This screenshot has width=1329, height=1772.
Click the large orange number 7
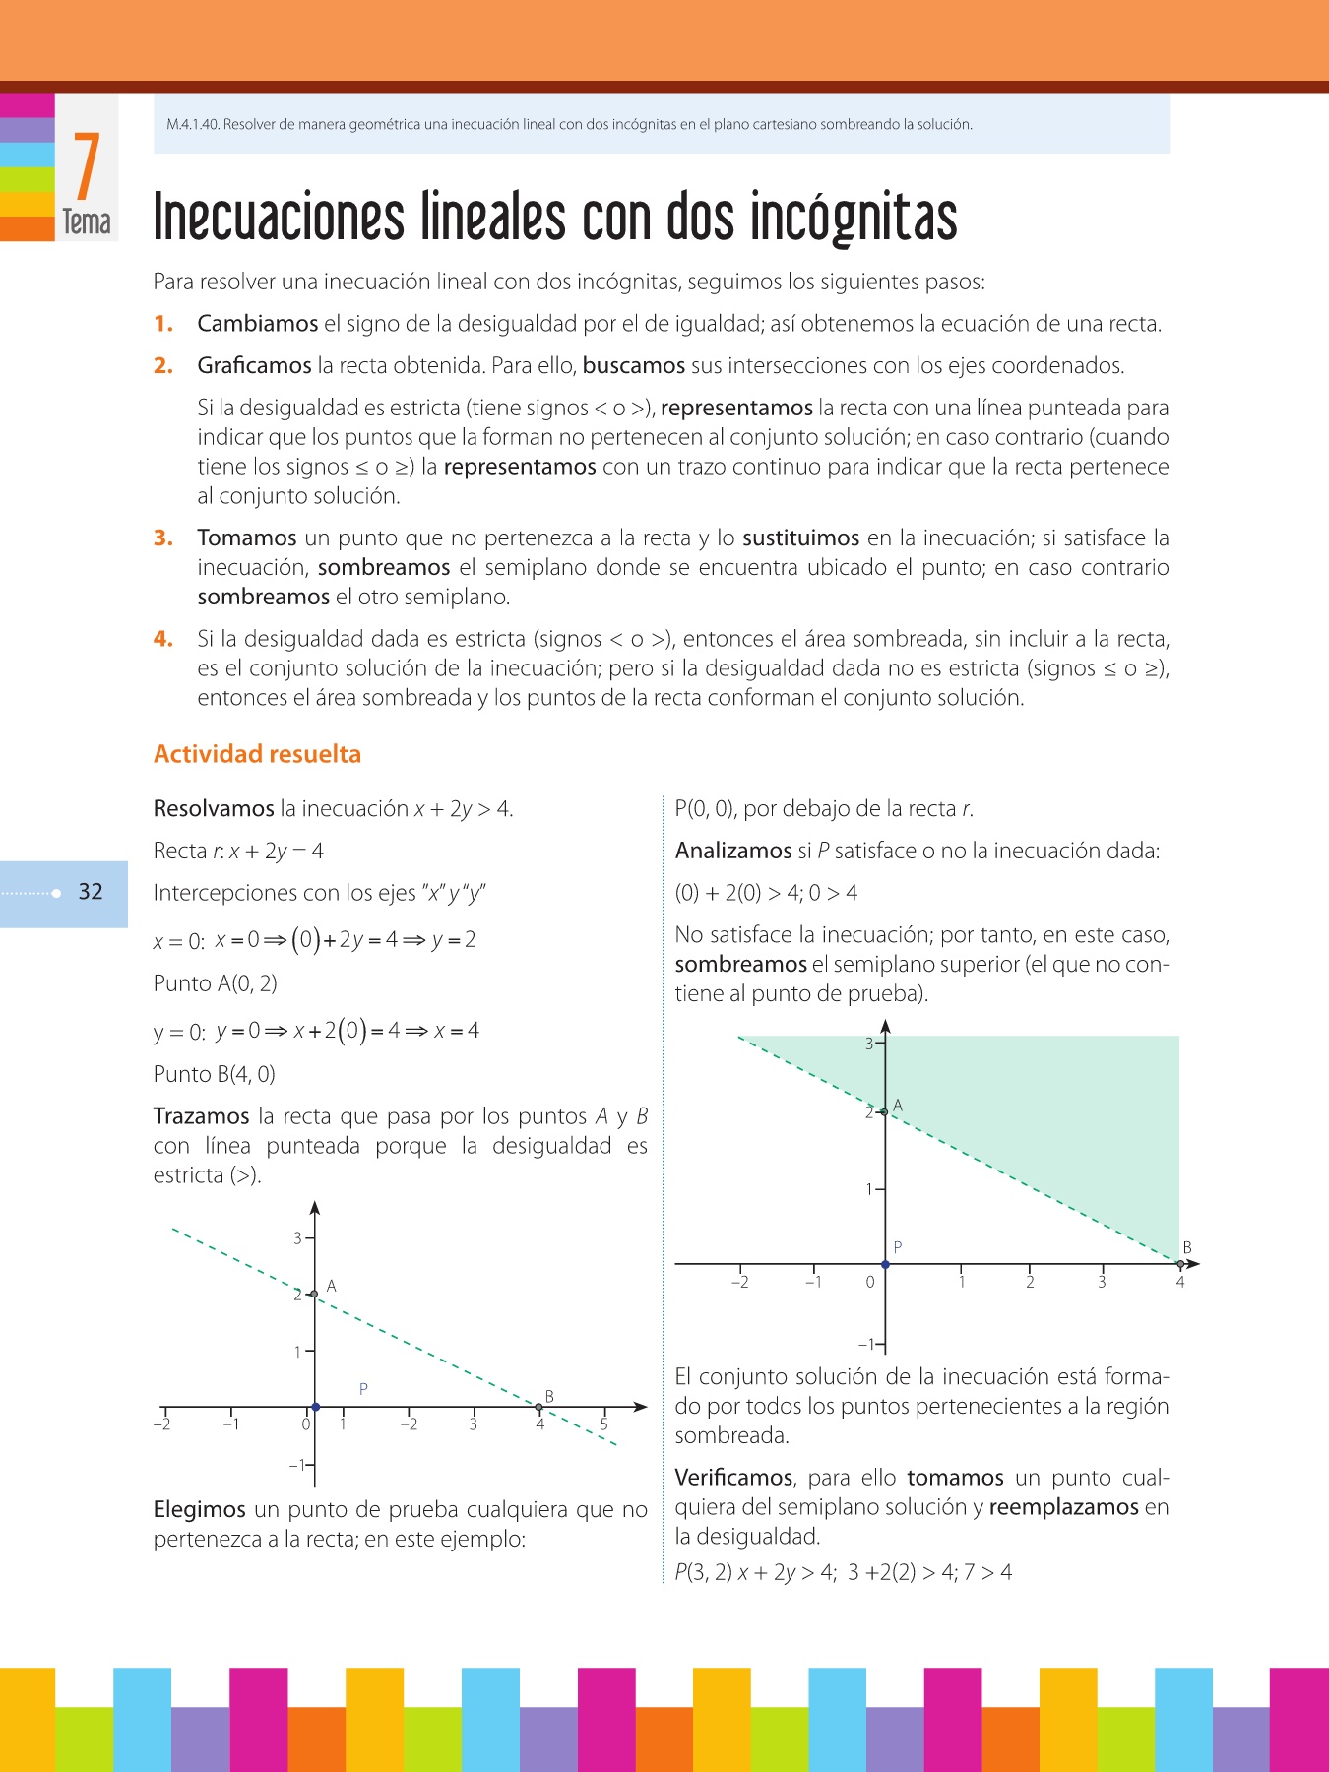[87, 166]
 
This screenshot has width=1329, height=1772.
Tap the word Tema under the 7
[87, 222]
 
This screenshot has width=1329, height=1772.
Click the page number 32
[91, 892]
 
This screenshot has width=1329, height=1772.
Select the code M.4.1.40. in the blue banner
[193, 125]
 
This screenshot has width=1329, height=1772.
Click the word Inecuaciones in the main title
[279, 218]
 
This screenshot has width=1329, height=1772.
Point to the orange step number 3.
[163, 538]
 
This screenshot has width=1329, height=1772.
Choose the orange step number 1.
[163, 324]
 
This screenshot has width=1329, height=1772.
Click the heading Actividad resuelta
[257, 754]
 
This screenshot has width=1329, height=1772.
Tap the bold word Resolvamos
[214, 809]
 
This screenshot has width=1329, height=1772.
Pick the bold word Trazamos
[201, 1116]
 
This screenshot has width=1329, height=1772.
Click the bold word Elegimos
[199, 1510]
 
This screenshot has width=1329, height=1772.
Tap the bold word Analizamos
[733, 852]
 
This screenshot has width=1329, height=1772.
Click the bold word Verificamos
[733, 1479]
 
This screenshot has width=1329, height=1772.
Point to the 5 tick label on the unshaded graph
[604, 1424]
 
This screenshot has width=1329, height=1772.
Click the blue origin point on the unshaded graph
[315, 1407]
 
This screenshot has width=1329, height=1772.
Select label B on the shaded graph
[1187, 1247]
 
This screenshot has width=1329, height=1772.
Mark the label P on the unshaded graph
[363, 1389]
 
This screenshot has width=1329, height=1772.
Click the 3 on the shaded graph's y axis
[869, 1044]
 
